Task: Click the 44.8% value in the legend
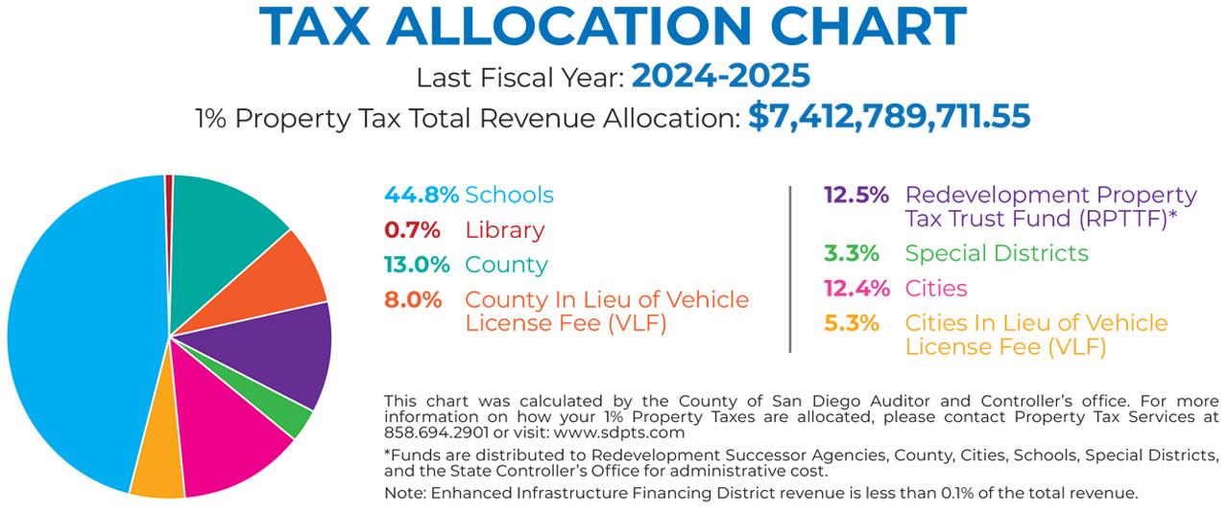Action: click(421, 195)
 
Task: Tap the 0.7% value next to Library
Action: click(412, 230)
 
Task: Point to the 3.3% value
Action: click(851, 253)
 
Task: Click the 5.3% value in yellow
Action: click(851, 323)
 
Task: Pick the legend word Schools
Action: click(509, 195)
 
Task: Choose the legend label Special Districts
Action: click(997, 253)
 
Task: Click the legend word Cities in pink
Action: click(936, 288)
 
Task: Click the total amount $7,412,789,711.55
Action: click(889, 117)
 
